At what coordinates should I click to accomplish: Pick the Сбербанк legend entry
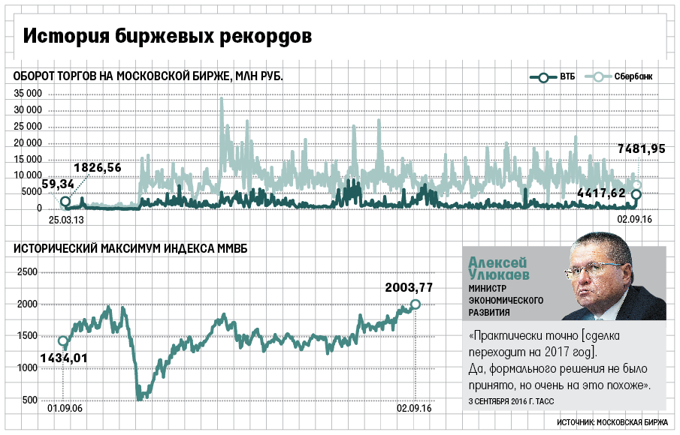pos(623,77)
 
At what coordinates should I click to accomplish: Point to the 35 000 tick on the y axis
pos(28,94)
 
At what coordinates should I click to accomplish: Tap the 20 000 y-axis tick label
pos(28,142)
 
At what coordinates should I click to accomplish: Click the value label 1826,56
pos(97,167)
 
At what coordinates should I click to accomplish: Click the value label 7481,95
pos(641,148)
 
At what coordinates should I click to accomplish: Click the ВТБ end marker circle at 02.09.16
pos(636,195)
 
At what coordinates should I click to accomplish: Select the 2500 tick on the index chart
pos(26,272)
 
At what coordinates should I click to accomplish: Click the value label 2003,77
pos(409,286)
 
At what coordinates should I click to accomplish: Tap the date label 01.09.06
pos(64,409)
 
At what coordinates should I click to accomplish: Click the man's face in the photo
pos(601,274)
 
